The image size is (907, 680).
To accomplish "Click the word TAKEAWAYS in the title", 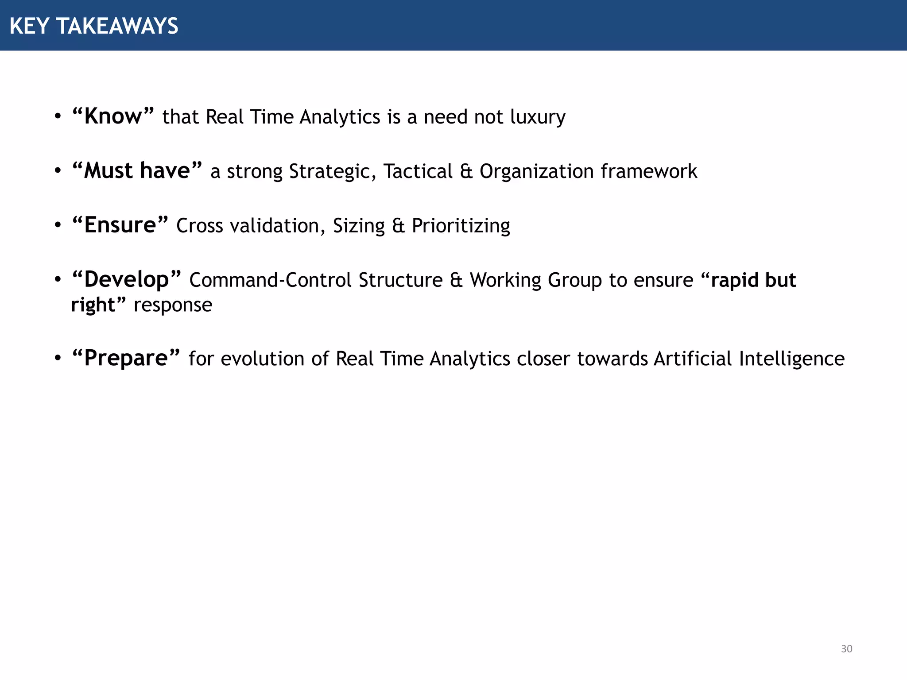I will (117, 26).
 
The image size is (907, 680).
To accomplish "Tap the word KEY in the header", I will (29, 26).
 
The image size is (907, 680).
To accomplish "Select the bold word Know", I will (113, 117).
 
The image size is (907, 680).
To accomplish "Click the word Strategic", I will (332, 172).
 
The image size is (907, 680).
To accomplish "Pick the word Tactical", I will (418, 172).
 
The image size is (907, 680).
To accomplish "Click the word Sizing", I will (359, 226).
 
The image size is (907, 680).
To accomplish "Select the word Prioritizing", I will (461, 226).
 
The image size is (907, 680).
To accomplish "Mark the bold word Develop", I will (127, 280).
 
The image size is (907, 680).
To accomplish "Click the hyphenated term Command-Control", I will (271, 280).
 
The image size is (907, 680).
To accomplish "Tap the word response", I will (173, 305).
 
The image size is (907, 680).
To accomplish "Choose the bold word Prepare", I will (126, 359).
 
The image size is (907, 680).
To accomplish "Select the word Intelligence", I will (791, 359).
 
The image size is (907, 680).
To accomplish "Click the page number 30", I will (846, 649).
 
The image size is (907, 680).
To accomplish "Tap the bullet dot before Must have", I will (58, 171).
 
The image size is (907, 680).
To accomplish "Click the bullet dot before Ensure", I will (58, 225).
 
